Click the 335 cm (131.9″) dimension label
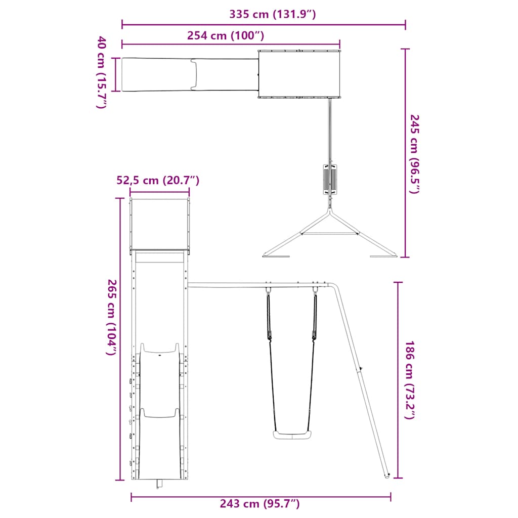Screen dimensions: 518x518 pos(273,14)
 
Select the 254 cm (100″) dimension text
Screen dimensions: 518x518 pos(226,35)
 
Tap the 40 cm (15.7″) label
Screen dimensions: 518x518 pos(101,72)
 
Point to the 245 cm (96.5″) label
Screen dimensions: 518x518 pos(414,154)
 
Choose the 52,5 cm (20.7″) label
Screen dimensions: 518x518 pos(158,181)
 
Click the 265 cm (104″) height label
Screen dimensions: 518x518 pos(112,317)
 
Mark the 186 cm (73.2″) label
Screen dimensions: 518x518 pos(409,380)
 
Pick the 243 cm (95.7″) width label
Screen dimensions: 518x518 pos(260,504)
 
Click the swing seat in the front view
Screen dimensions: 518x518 pos(292,435)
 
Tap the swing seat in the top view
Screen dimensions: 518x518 pos(330,180)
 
